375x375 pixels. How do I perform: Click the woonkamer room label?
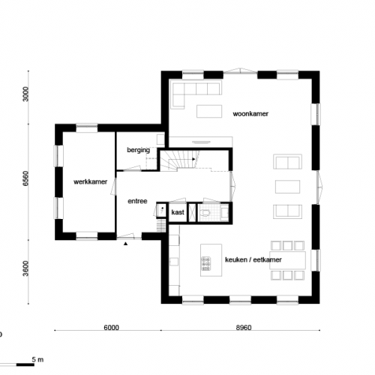[x=250, y=113]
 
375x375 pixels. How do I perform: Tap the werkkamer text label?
[x=89, y=182]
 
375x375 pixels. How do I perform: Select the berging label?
[x=139, y=151]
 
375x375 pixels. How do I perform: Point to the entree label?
[x=137, y=201]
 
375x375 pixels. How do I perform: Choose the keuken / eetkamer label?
[x=253, y=260]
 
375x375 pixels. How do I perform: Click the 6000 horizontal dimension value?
[x=110, y=328]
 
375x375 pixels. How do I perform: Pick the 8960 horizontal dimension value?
[x=244, y=328]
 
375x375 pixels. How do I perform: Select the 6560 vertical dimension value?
[x=25, y=180]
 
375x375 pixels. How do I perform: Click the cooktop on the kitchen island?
[x=205, y=262]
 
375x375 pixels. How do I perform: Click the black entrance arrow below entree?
[x=126, y=244]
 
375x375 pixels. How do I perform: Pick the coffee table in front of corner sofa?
[x=209, y=112]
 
